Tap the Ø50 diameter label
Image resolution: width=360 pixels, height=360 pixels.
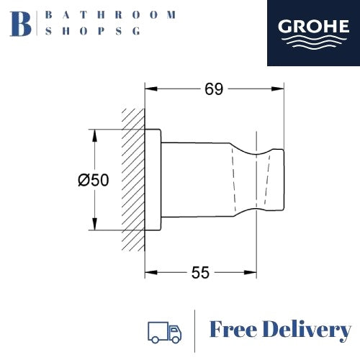click(94, 181)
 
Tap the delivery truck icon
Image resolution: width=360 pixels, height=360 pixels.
click(163, 332)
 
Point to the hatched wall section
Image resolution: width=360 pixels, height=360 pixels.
click(134, 180)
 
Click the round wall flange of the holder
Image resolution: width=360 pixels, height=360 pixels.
click(153, 180)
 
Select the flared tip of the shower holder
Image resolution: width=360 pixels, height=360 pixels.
click(271, 180)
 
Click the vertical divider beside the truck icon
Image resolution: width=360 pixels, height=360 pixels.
click(196, 331)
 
